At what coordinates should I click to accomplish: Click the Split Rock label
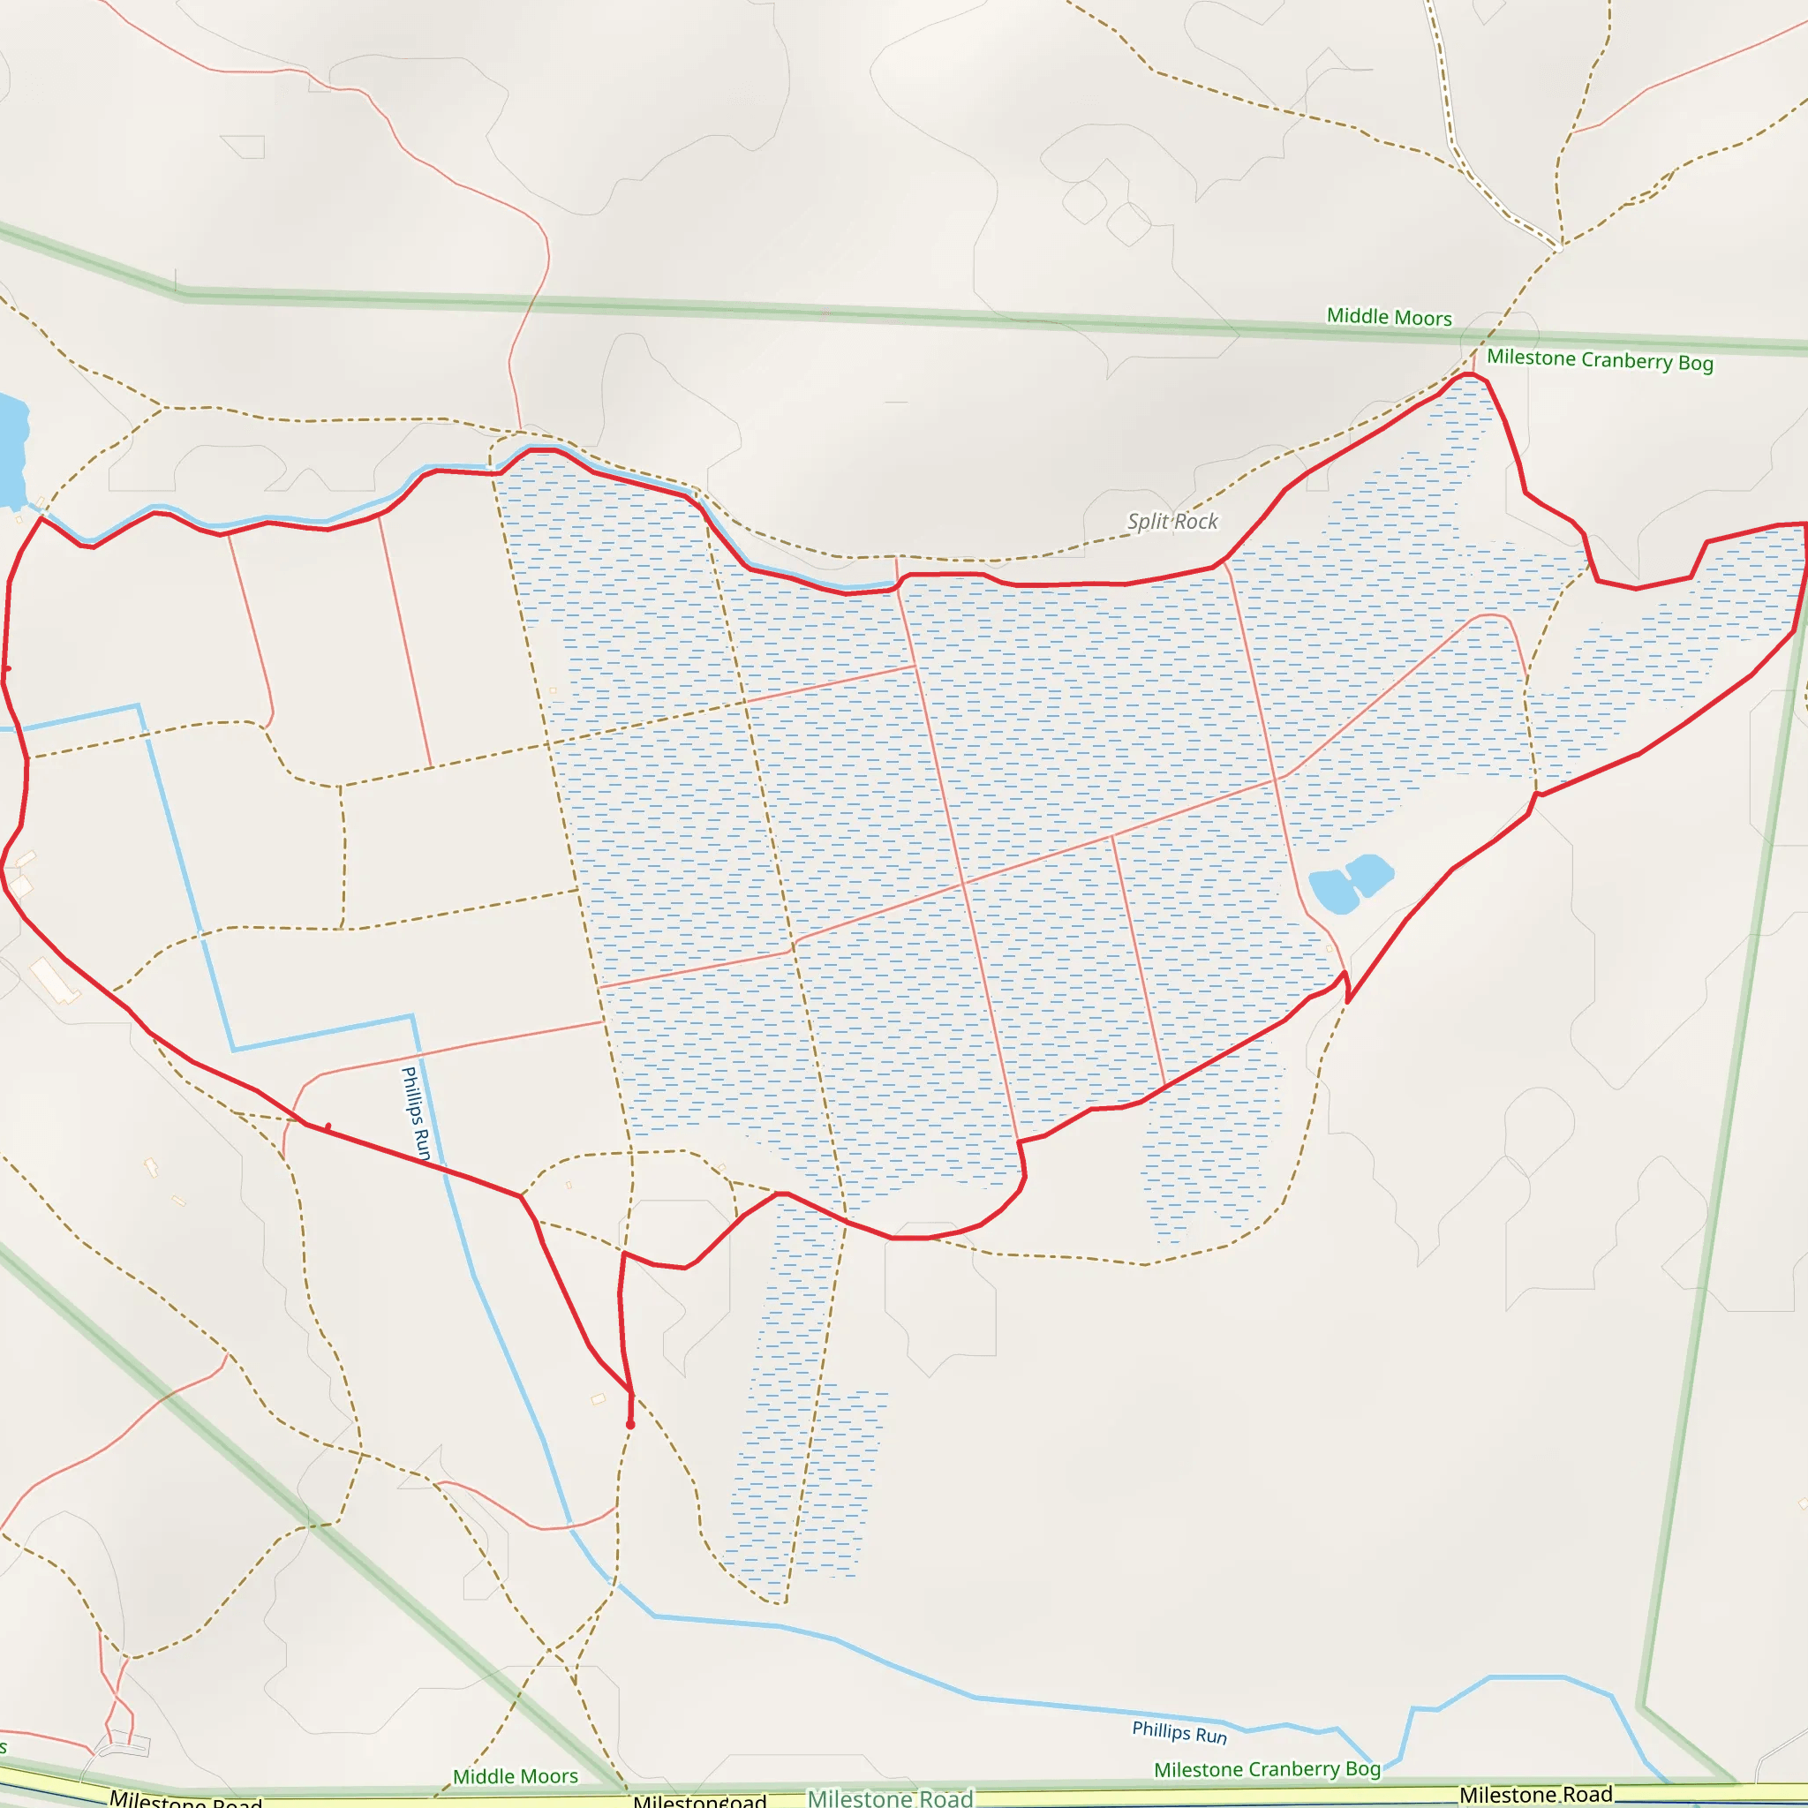[1171, 521]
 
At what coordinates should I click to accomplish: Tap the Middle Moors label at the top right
[1389, 317]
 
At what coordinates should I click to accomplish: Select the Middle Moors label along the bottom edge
[515, 1775]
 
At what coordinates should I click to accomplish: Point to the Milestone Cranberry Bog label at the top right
[1600, 360]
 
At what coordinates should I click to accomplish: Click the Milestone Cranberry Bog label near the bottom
[1267, 1768]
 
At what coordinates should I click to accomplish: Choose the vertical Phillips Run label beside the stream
[415, 1113]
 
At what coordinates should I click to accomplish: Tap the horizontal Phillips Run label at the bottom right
[1179, 1732]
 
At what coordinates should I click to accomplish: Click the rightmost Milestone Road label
[1536, 1794]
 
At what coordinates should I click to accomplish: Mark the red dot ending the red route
[630, 1424]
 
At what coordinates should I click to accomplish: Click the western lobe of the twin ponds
[1331, 891]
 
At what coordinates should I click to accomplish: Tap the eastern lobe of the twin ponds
[1371, 873]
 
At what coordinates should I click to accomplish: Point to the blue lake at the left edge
[11, 449]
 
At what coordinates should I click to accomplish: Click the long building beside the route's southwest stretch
[54, 980]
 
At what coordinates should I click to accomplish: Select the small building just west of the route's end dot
[598, 1400]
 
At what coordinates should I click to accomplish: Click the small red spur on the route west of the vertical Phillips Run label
[328, 1126]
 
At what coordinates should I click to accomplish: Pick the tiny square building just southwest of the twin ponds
[1329, 949]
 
